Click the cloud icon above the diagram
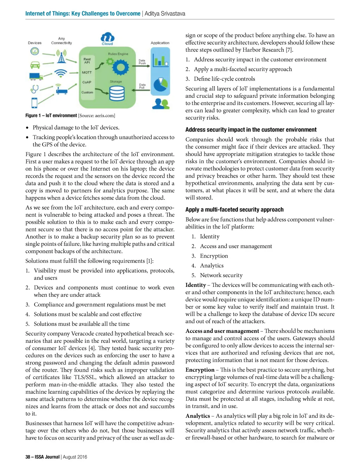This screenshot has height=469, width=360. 108,37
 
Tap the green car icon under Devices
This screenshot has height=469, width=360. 35,65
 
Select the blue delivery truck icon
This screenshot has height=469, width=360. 36,76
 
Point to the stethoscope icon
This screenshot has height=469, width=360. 34,88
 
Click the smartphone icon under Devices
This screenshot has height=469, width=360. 34,103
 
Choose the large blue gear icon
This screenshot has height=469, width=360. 121,66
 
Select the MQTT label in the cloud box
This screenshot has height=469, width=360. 87,72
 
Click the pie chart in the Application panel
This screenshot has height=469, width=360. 160,85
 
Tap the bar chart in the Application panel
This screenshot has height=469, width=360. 160,60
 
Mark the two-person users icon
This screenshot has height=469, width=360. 160,103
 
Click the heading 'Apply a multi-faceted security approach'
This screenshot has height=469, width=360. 234,210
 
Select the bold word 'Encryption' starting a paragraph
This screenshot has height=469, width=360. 200,370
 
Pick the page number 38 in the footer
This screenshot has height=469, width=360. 28,457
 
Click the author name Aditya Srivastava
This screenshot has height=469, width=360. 165,14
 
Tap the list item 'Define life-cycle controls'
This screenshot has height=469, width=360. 224,79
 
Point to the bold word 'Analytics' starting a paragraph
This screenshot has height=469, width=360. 198,416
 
